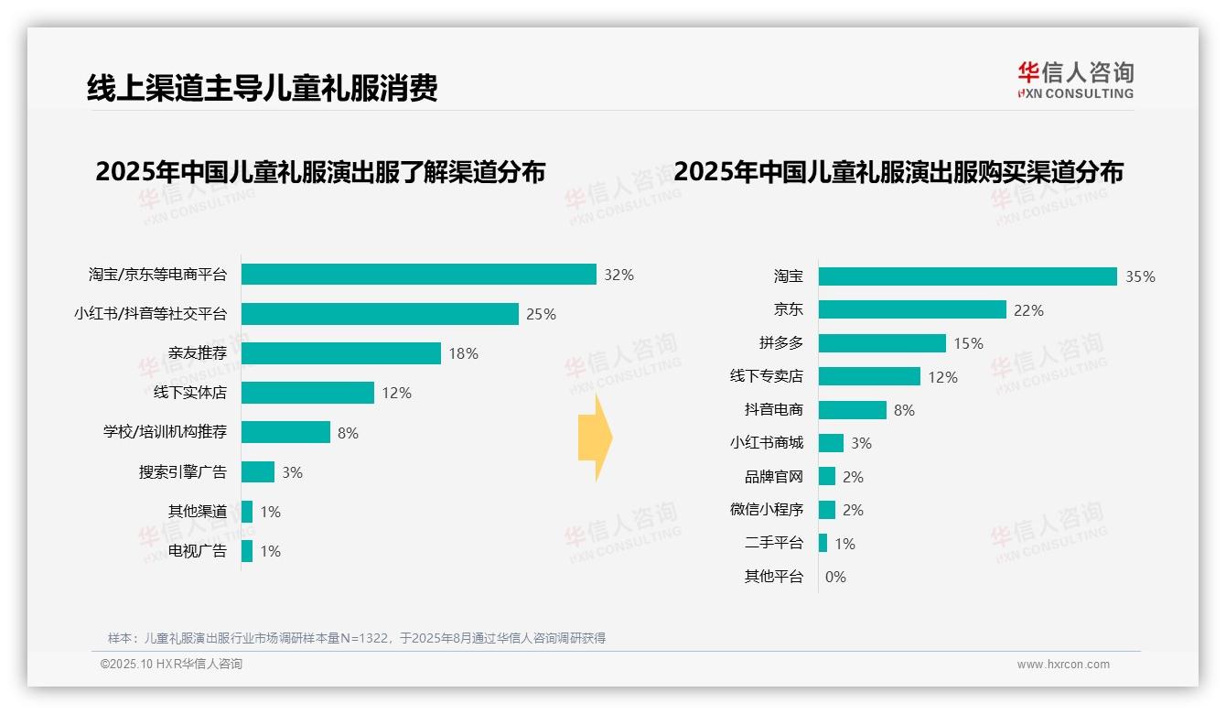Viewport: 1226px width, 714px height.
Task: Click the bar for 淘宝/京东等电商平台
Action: (x=419, y=275)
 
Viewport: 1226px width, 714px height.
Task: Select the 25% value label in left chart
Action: (x=541, y=314)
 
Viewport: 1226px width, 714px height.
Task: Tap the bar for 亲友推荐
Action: (x=341, y=353)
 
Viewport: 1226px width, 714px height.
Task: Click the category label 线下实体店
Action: (x=189, y=393)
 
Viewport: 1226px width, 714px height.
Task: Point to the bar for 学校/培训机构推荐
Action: (x=285, y=432)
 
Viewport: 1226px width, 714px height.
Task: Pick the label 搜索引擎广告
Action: (x=182, y=472)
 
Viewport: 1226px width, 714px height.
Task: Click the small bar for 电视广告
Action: (x=247, y=551)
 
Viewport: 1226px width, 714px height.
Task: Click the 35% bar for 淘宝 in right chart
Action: (x=967, y=276)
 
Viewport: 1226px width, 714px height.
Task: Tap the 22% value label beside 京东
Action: (x=1028, y=310)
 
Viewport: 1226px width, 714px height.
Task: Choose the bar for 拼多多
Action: (x=882, y=343)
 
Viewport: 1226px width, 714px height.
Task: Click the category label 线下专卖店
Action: (x=766, y=376)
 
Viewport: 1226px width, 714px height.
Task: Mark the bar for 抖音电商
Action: (x=852, y=410)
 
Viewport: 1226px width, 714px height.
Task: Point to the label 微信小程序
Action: (x=766, y=510)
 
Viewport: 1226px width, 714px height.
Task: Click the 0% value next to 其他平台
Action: (x=835, y=577)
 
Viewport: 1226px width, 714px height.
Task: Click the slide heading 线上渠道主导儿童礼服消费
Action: (x=262, y=88)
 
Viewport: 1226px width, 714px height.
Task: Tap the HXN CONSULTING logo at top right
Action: (x=1075, y=80)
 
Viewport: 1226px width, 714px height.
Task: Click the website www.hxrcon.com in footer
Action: (x=1063, y=665)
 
